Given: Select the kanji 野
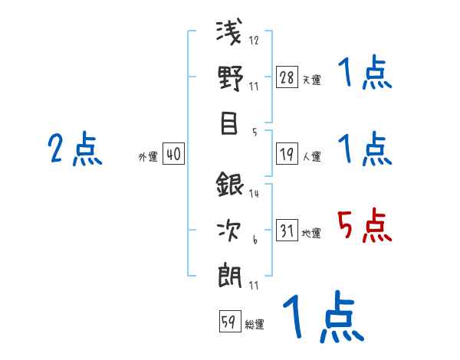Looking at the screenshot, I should [x=229, y=79].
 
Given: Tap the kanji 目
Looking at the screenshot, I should [x=229, y=123].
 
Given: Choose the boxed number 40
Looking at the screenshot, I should [x=173, y=155].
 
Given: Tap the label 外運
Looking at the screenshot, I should [x=148, y=157].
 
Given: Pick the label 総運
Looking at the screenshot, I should [x=254, y=324].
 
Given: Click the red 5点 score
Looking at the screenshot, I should [x=364, y=225].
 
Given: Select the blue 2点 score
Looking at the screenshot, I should [x=75, y=149].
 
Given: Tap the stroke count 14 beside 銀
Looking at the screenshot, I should [x=254, y=194].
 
